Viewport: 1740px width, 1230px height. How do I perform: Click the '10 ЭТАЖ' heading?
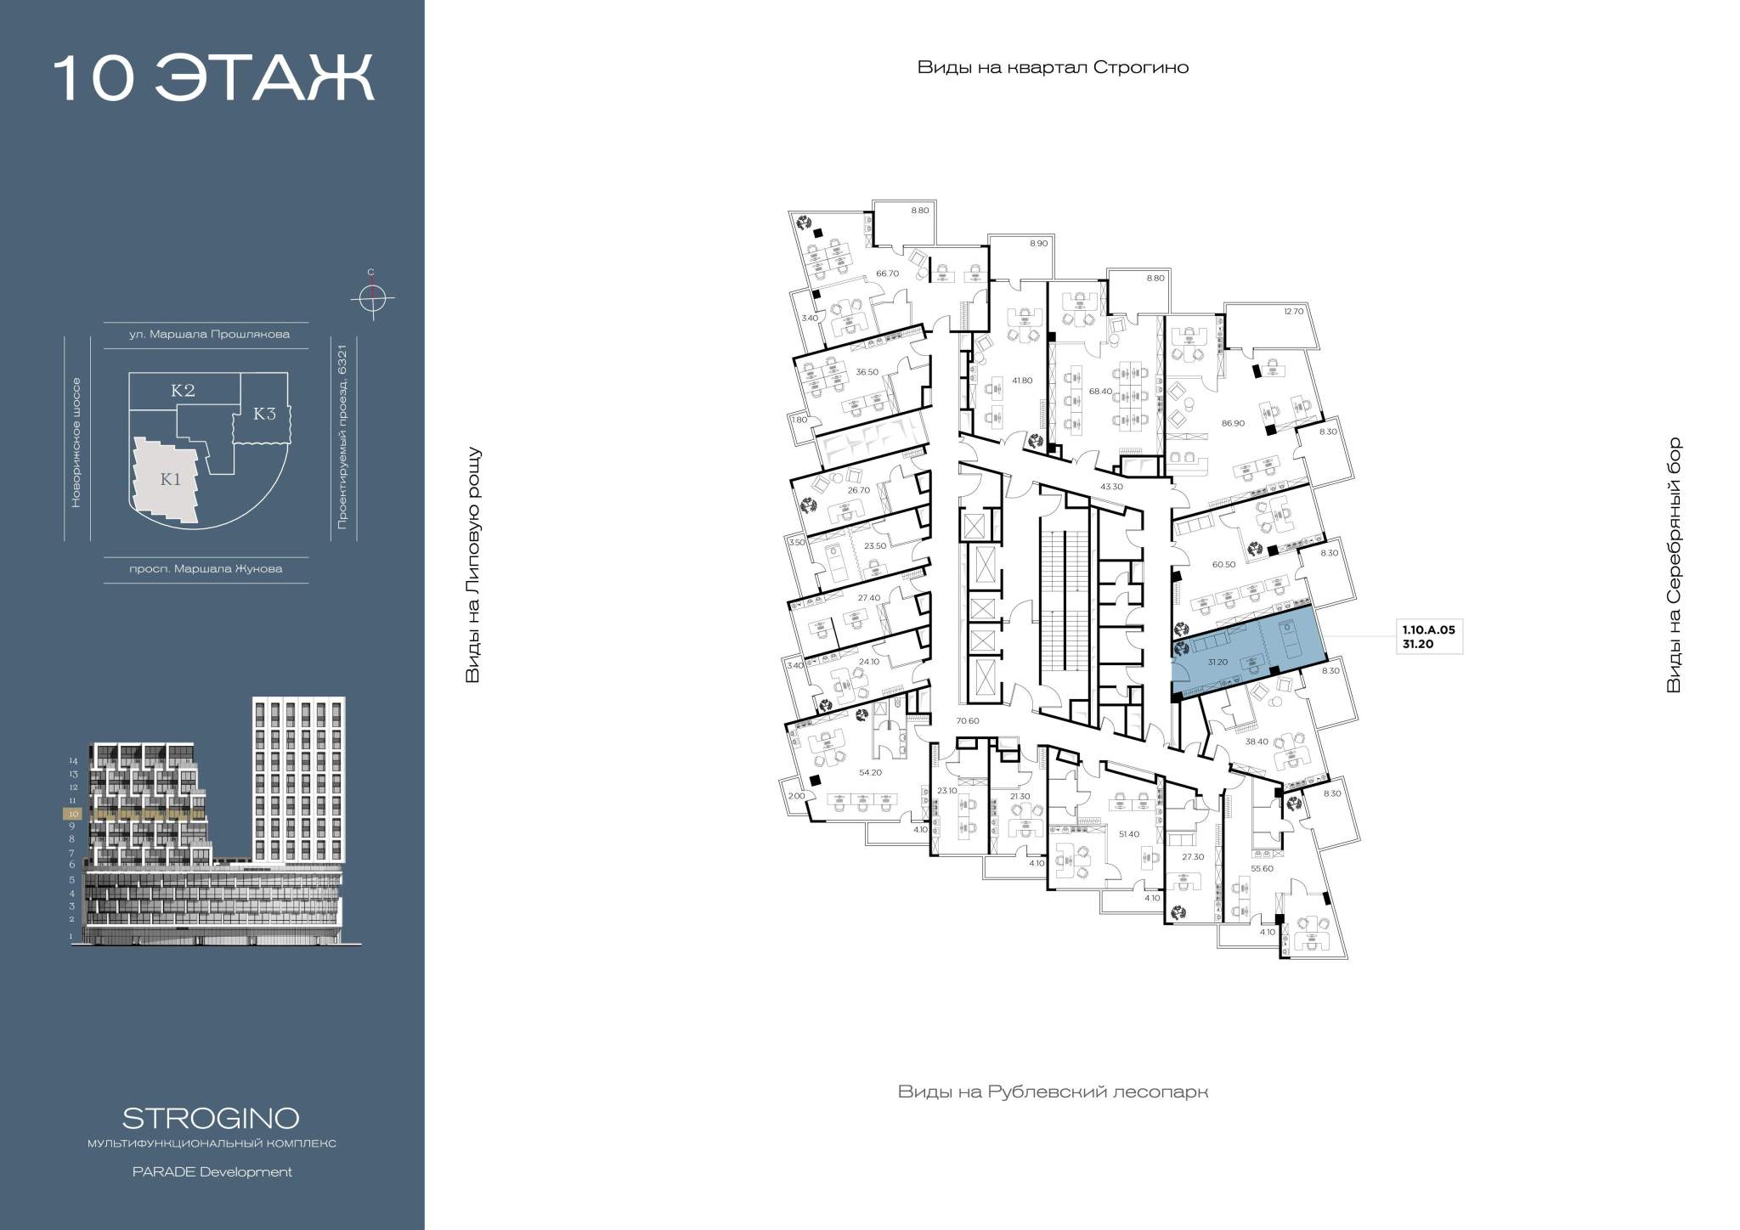[213, 79]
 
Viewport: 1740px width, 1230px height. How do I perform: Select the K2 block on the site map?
[184, 391]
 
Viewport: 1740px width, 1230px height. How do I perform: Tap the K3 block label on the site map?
[265, 414]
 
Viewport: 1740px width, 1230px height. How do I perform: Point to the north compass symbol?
[371, 298]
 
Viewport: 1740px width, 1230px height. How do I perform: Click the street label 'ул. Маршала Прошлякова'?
[209, 335]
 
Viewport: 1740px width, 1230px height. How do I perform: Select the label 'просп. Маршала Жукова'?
[206, 569]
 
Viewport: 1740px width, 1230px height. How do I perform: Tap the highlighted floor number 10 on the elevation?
[74, 813]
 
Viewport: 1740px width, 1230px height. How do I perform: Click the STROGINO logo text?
[211, 1117]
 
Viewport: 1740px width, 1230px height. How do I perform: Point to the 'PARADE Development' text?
[212, 1172]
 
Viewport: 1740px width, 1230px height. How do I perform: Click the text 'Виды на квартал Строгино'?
[1053, 68]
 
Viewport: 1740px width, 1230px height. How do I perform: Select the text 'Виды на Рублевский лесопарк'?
[1053, 1092]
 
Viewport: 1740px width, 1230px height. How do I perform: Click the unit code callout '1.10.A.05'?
[1432, 630]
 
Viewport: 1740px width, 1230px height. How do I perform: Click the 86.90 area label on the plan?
[1233, 423]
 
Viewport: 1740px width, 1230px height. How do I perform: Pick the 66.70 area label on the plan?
[887, 274]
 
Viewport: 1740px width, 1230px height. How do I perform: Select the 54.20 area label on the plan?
[870, 772]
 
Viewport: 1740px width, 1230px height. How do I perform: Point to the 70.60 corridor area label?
[968, 721]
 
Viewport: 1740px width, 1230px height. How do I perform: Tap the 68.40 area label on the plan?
[1100, 392]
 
